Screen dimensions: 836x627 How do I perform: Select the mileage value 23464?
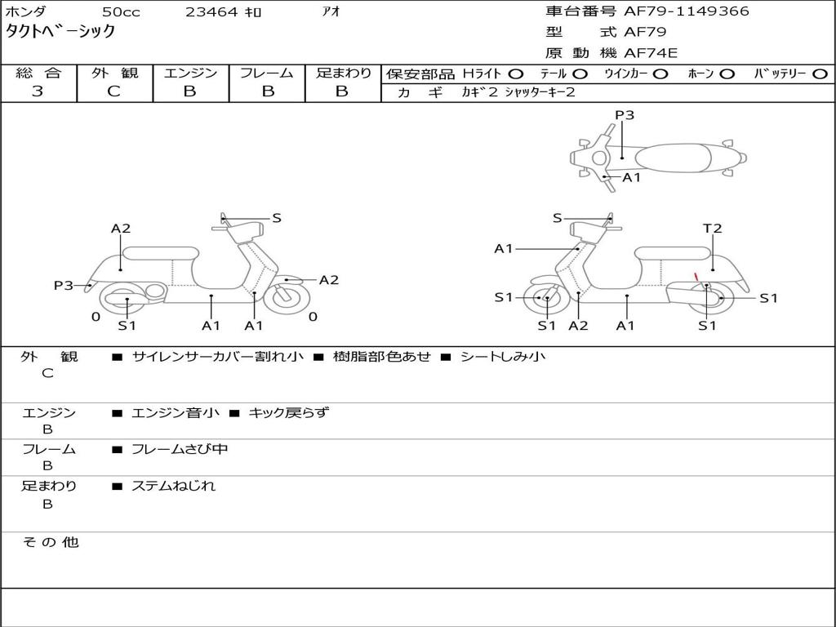point(211,12)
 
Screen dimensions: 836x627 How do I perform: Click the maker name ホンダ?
point(26,12)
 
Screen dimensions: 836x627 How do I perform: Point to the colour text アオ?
point(331,12)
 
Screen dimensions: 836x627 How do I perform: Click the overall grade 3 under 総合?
point(38,91)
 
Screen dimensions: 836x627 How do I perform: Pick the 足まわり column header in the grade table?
point(343,73)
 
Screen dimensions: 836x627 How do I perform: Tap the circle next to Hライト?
point(517,74)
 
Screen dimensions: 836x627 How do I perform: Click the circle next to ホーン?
point(727,74)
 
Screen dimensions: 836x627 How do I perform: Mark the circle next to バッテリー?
point(820,74)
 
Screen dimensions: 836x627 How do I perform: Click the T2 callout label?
point(713,229)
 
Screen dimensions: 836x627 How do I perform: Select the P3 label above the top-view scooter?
point(625,115)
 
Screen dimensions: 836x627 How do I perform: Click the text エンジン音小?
point(176,413)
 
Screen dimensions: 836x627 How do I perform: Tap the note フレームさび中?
point(180,449)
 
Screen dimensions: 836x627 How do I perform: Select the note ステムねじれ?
point(173,486)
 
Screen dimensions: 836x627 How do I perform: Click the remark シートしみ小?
point(503,357)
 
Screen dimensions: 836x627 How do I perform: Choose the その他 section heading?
point(50,542)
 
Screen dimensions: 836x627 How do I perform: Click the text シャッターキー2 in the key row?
point(540,92)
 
